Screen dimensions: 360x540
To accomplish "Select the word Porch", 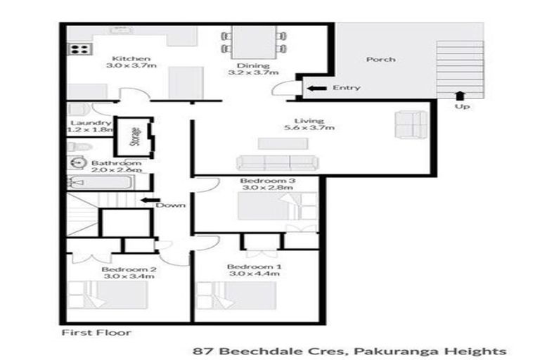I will point(380,60).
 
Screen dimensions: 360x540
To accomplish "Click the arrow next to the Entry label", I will point(317,88).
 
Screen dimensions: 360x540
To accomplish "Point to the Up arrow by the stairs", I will point(461,96).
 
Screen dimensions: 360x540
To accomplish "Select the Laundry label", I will point(84,122).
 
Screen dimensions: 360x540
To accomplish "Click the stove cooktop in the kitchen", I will point(79,49).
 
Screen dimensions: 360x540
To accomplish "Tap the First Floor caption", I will point(96,332).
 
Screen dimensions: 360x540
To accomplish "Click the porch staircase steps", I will point(461,67).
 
